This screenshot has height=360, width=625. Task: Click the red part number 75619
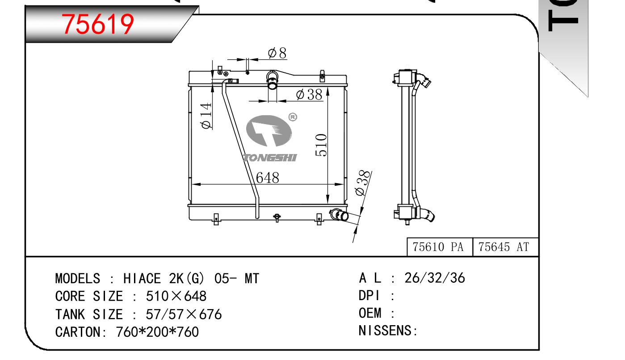pos(98,25)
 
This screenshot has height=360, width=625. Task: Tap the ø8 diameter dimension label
pos(277,53)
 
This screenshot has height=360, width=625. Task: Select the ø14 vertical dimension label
pos(206,116)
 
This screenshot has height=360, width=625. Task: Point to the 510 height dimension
pos(321,145)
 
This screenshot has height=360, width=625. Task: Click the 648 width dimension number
pos(267,178)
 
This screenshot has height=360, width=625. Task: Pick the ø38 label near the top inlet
pos(309,94)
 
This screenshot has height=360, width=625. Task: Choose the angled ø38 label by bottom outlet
pos(363,183)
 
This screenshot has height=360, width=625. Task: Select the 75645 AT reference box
pos(505,247)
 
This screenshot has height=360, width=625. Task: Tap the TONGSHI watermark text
pos(269,158)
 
